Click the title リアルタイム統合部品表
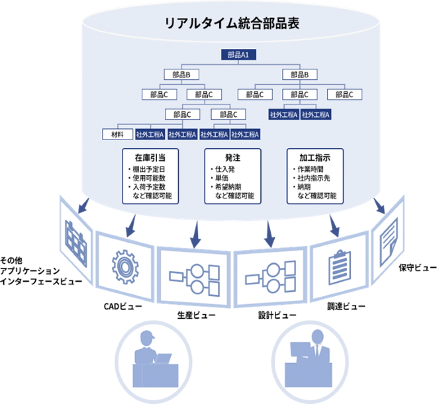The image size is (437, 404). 232,22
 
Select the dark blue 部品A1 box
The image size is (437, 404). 238,56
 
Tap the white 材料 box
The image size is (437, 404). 117,134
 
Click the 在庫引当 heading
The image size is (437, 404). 148,158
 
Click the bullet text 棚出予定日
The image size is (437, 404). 153,169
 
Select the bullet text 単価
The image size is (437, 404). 220,179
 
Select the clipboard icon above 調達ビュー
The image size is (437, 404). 338,264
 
